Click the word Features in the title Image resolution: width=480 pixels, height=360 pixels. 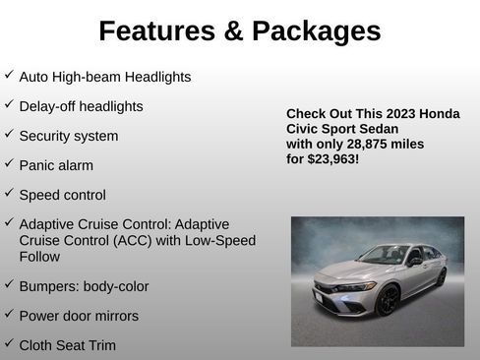(x=157, y=31)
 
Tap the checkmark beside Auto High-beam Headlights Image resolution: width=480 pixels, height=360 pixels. (x=9, y=75)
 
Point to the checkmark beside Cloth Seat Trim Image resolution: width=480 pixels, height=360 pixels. (x=9, y=343)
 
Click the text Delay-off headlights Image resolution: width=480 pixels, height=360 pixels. (x=81, y=106)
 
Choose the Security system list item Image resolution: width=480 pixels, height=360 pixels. (x=69, y=136)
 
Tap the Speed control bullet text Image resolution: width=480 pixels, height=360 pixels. (x=63, y=195)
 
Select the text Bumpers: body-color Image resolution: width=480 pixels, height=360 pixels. (x=84, y=286)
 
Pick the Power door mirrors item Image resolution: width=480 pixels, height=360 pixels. (x=79, y=316)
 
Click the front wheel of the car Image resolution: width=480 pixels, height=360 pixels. (x=387, y=300)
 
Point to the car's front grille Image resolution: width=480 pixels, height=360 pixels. (x=330, y=295)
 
